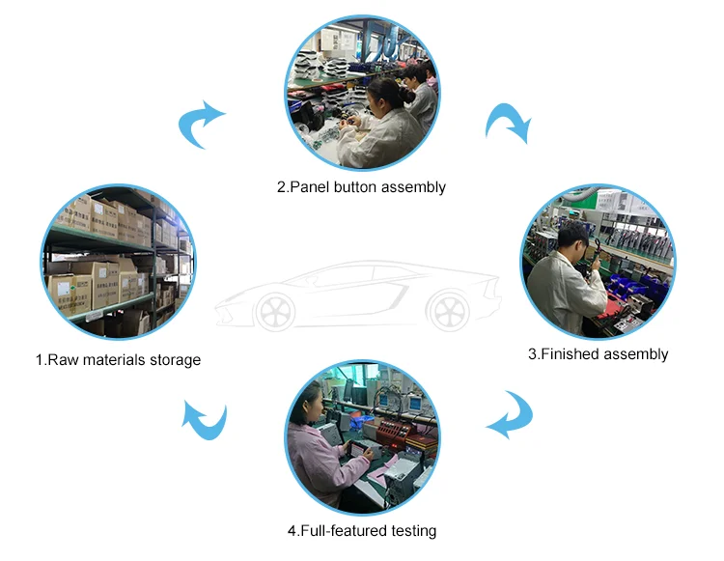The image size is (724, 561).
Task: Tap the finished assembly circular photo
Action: click(x=598, y=263)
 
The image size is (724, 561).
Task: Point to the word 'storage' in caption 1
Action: click(x=175, y=360)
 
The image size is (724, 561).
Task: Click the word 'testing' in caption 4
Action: click(x=412, y=531)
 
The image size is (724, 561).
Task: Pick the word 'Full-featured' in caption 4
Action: click(x=345, y=531)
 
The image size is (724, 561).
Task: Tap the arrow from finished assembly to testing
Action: click(x=510, y=415)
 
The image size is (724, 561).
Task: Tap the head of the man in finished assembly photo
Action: click(x=571, y=235)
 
